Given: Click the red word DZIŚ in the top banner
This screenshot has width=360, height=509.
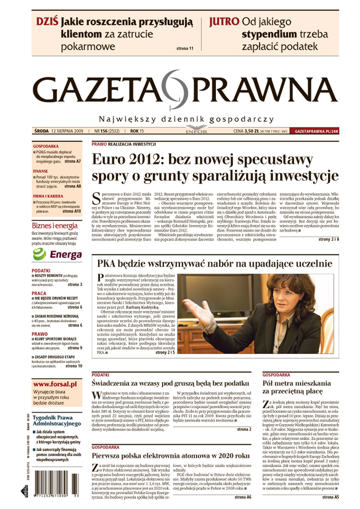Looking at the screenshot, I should coord(47,22).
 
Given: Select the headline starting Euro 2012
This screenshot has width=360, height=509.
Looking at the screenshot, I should coord(215,168).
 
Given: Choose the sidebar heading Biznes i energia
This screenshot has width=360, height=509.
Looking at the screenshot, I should coord(55,225).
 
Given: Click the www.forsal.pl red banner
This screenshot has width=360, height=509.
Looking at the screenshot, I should coord(55,384).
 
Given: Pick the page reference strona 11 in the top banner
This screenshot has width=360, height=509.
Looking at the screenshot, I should coord(185,49).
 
